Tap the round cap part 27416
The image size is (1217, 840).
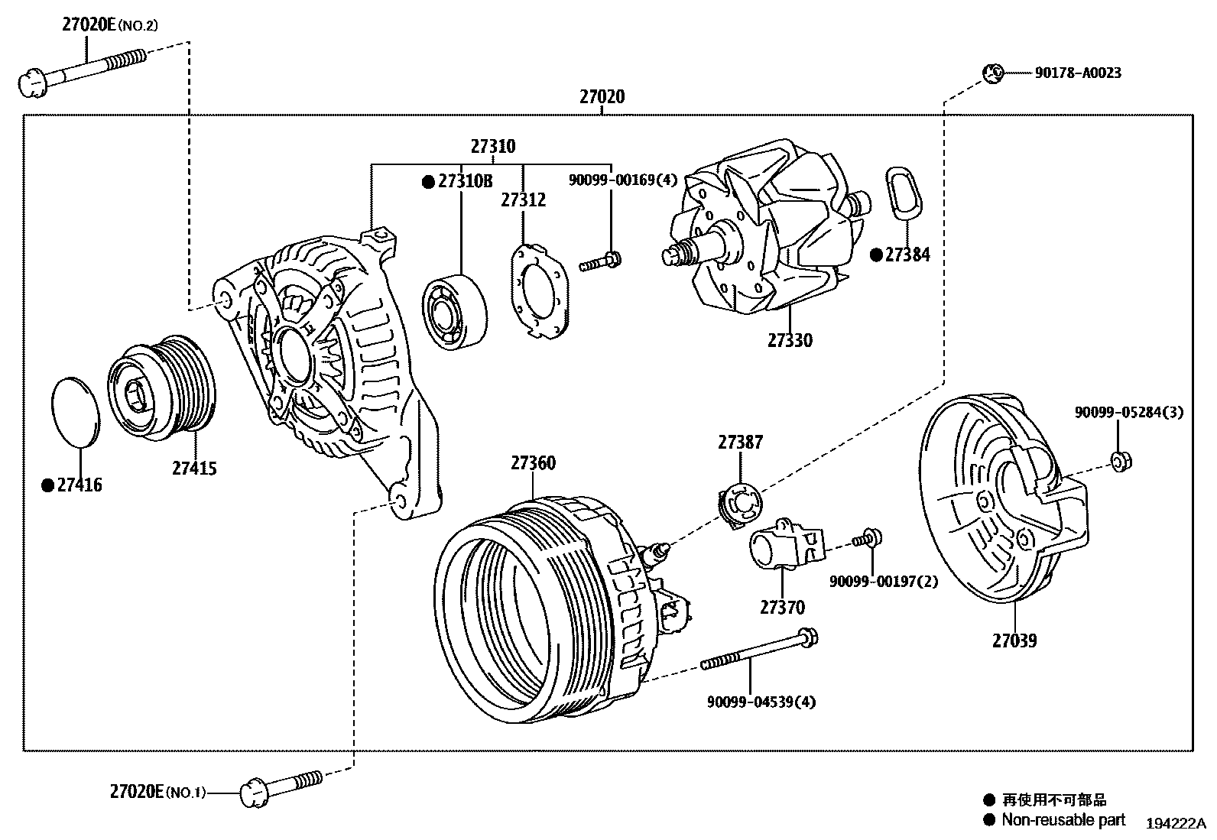(75, 411)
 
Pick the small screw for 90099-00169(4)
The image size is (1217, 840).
(601, 261)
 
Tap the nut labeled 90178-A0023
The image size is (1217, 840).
(992, 73)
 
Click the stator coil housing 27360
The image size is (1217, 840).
(535, 604)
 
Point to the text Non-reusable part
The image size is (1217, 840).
(1063, 820)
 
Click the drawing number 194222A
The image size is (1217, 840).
(1174, 824)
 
